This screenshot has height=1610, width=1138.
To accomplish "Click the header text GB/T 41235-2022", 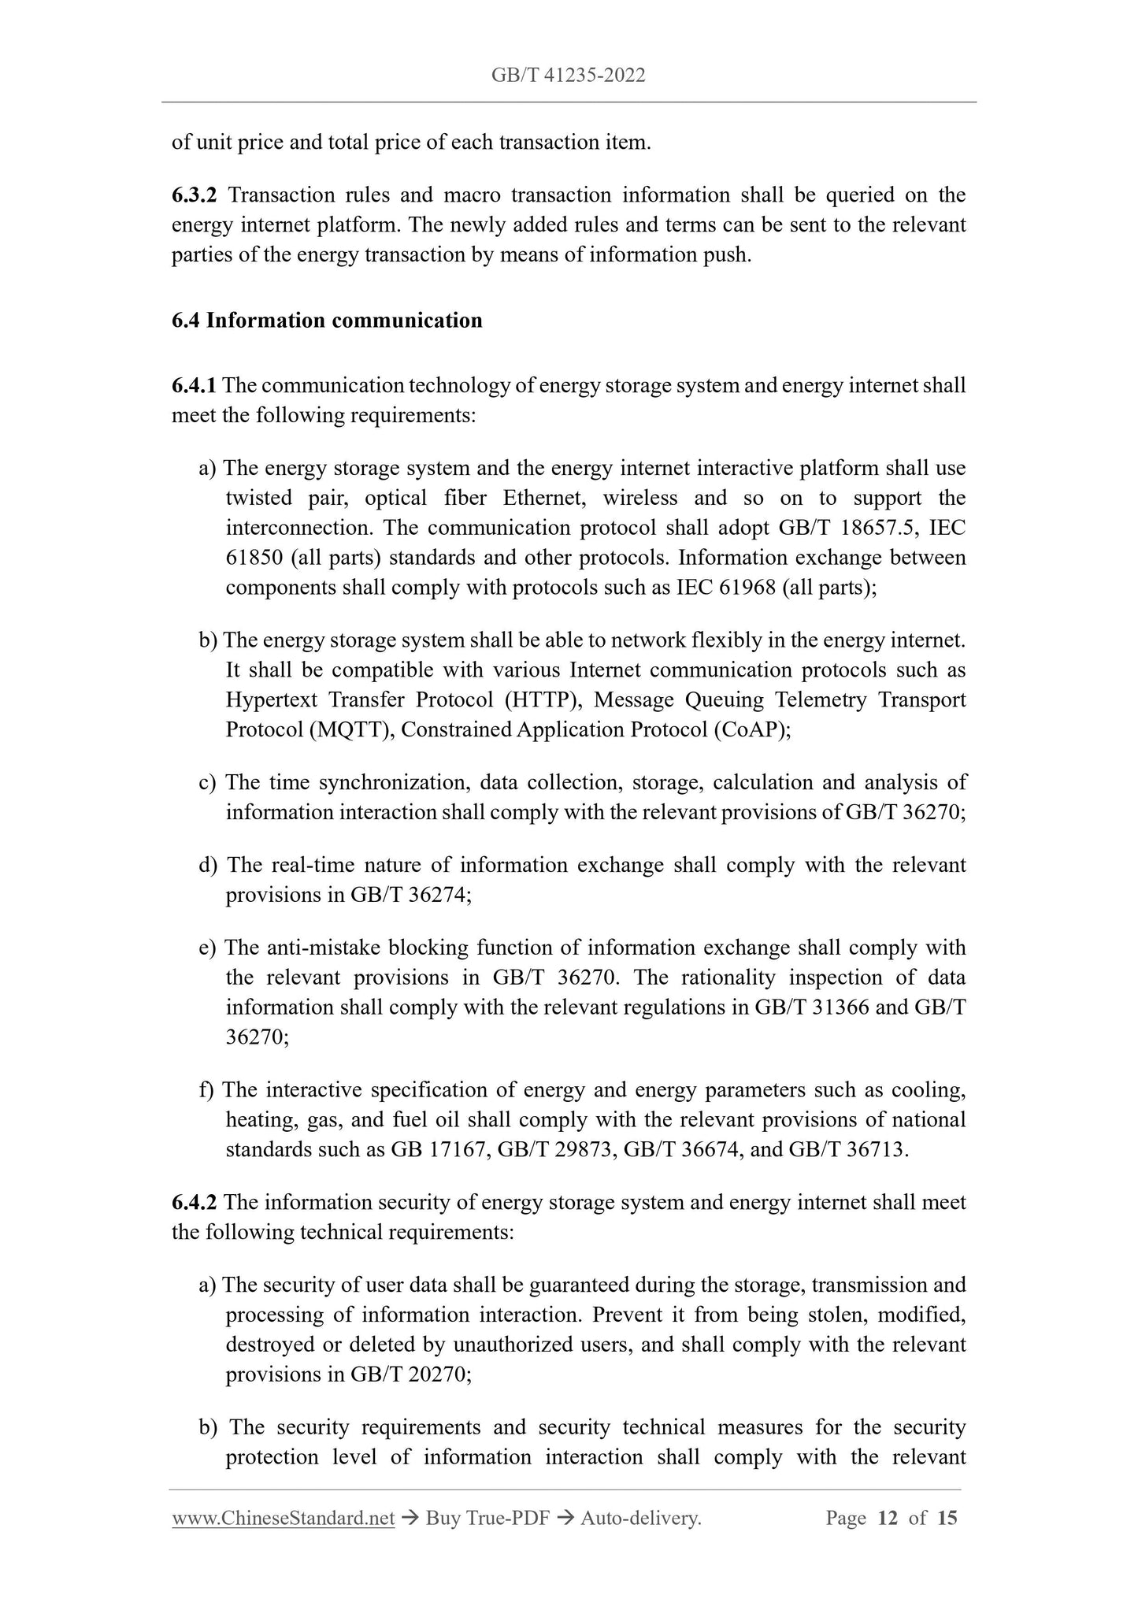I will (x=568, y=75).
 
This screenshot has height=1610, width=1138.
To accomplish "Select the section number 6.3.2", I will (x=194, y=195).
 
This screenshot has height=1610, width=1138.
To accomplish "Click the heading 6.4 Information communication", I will (x=327, y=321).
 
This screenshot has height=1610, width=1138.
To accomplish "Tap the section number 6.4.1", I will (x=194, y=385).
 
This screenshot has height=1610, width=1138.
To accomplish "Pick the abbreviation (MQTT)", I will (x=351, y=729).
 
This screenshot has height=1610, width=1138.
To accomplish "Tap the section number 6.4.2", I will (x=194, y=1203).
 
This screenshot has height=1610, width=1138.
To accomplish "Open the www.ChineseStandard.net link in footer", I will (x=283, y=1518).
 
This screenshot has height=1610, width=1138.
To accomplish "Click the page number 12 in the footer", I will (x=888, y=1518).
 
